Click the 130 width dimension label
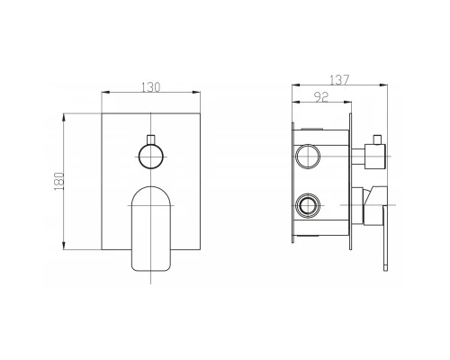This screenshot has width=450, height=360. pyautogui.click(x=151, y=87)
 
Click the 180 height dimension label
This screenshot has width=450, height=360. pyautogui.click(x=59, y=181)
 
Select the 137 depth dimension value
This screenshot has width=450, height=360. pyautogui.click(x=339, y=80)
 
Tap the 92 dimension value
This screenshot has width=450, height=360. pyautogui.click(x=321, y=96)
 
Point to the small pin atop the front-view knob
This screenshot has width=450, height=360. pyautogui.click(x=150, y=139)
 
